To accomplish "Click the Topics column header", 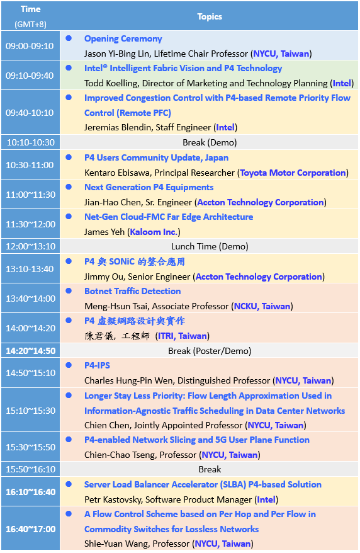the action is click(210, 16).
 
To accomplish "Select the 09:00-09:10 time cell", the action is click(30, 46).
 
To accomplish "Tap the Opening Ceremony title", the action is click(123, 39).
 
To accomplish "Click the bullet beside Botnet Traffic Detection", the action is click(69, 291).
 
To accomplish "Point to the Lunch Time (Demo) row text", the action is click(210, 246).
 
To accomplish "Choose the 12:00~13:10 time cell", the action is click(30, 246).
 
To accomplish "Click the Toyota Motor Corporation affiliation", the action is click(293, 173).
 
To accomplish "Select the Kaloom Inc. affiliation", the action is click(154, 232).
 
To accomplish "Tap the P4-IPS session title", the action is click(97, 365).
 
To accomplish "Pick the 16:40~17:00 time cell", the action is click(30, 528).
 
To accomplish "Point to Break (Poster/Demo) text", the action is click(210, 351).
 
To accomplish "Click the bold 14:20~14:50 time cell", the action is click(30, 351).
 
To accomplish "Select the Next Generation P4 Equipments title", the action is click(149, 187).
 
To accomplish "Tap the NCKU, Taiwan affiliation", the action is click(262, 306).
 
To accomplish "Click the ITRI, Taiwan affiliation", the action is click(182, 336).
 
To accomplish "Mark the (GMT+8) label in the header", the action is click(30, 24).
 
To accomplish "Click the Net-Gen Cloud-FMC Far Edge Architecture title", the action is click(169, 217).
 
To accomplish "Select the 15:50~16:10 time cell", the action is click(30, 469).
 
